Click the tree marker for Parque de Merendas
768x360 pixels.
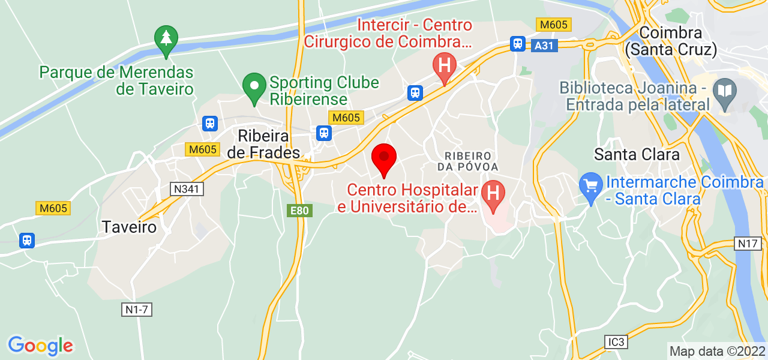point(166,40)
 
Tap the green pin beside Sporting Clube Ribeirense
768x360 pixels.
point(254,88)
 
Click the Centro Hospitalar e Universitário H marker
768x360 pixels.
point(493,194)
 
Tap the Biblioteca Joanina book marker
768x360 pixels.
point(725,91)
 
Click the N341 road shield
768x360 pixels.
point(187,189)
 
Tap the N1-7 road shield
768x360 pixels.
point(137,310)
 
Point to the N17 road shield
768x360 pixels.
point(748,244)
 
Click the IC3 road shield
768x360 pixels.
point(616,342)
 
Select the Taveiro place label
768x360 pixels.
point(129,227)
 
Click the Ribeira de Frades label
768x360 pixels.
point(263,144)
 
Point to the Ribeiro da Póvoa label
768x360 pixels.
point(468,161)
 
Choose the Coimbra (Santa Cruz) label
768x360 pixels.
point(671,41)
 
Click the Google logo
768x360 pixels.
point(40,346)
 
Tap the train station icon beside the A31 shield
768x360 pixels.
point(518,43)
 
